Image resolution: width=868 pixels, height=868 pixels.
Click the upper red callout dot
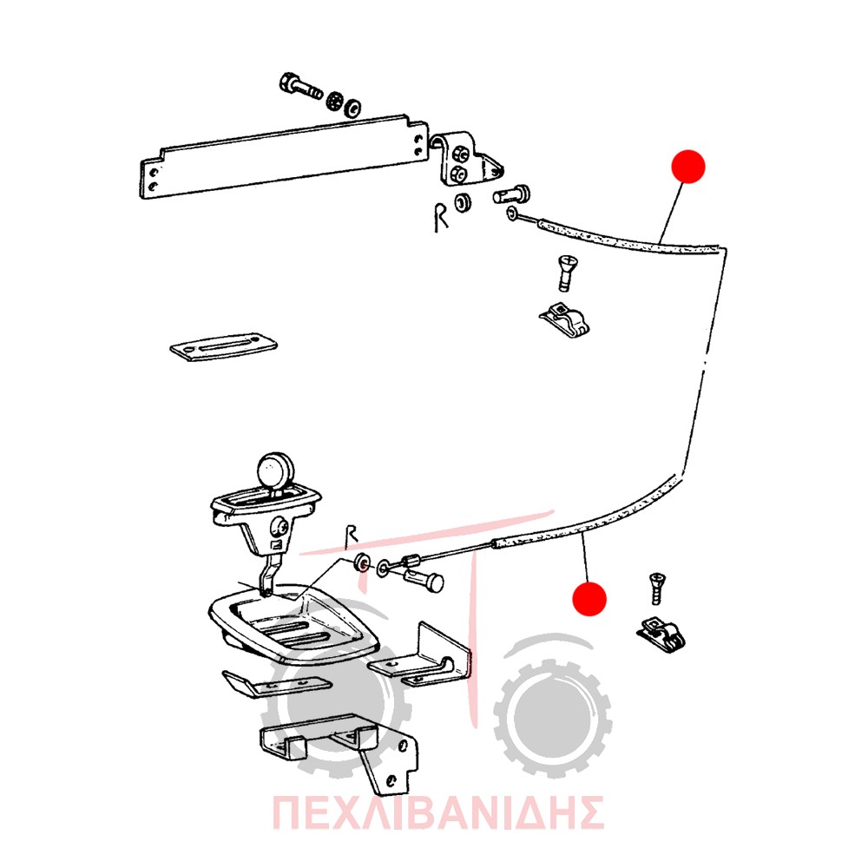pyautogui.click(x=688, y=166)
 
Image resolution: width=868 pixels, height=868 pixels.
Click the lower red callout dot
pyautogui.click(x=589, y=598)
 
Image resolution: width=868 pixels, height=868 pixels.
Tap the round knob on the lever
pyautogui.click(x=275, y=471)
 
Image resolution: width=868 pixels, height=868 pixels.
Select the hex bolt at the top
pyautogui.click(x=300, y=87)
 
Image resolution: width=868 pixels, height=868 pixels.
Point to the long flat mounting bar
pyautogui.click(x=284, y=156)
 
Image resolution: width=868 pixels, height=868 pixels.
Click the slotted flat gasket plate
pyautogui.click(x=224, y=346)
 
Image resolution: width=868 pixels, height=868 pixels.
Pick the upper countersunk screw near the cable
pyautogui.click(x=566, y=271)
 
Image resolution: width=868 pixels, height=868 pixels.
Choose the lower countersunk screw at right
pyautogui.click(x=656, y=589)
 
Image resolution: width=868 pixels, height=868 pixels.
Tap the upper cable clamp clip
pyautogui.click(x=565, y=319)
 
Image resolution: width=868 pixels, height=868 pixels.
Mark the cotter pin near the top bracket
pyautogui.click(x=440, y=218)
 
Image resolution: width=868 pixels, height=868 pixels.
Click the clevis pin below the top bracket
pyautogui.click(x=511, y=194)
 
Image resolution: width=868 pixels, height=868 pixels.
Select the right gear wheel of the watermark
pyautogui.click(x=552, y=717)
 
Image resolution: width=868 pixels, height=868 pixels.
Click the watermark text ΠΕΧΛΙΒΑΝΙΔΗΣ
pyautogui.click(x=437, y=812)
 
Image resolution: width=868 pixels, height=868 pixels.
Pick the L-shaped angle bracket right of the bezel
pyautogui.click(x=421, y=655)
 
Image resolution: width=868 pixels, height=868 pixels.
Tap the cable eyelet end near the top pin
pyautogui.click(x=511, y=214)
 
